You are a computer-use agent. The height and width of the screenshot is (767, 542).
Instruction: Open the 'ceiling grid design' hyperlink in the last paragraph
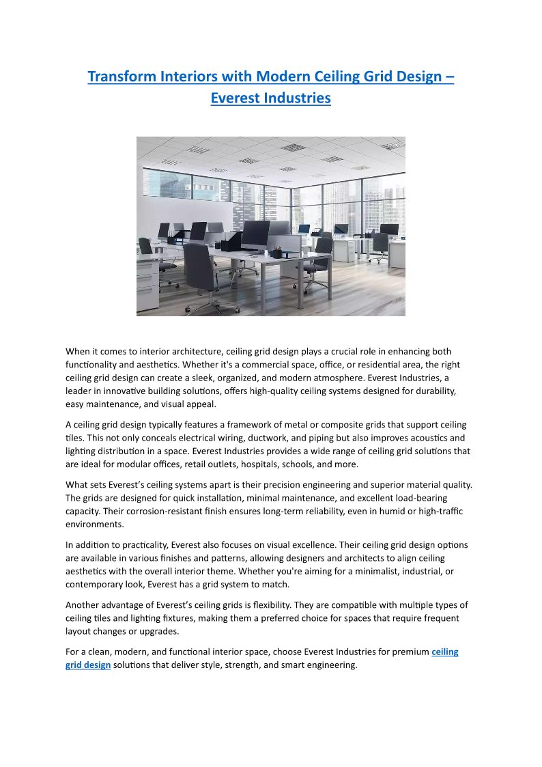pos(444,652)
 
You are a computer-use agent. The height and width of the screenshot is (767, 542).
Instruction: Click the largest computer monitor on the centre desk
pos(256,235)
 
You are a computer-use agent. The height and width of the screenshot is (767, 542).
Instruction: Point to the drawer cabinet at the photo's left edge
pos(147,281)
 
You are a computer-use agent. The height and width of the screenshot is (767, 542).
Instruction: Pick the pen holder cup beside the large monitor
pos(277,251)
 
